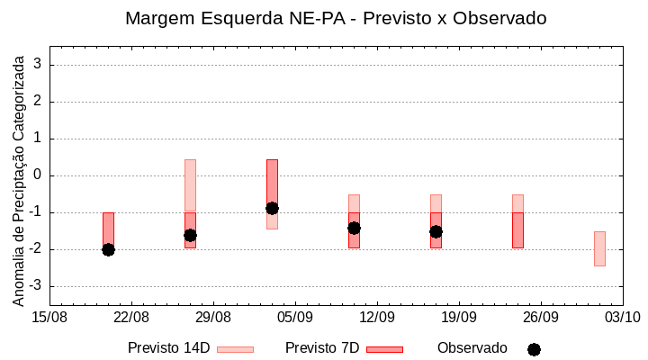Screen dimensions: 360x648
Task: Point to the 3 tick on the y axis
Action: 40,65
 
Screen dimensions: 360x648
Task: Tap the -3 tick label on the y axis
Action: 35,286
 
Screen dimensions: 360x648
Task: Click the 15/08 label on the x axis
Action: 49,318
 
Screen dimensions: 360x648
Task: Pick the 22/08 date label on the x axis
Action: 131,318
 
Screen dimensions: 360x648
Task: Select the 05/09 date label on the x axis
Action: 295,318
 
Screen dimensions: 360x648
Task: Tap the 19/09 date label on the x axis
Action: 459,318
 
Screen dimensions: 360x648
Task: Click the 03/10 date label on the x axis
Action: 622,318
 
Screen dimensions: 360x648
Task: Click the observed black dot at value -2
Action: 108,249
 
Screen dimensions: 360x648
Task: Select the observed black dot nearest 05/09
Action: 272,208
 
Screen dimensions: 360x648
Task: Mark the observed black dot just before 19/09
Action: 436,231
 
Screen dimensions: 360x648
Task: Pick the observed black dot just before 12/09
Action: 354,228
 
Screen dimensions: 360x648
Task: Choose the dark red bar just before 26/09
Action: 517,229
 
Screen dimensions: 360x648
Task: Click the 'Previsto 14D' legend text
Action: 168,348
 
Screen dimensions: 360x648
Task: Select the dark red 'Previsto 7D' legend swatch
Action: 384,349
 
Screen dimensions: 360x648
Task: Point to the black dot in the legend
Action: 534,349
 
